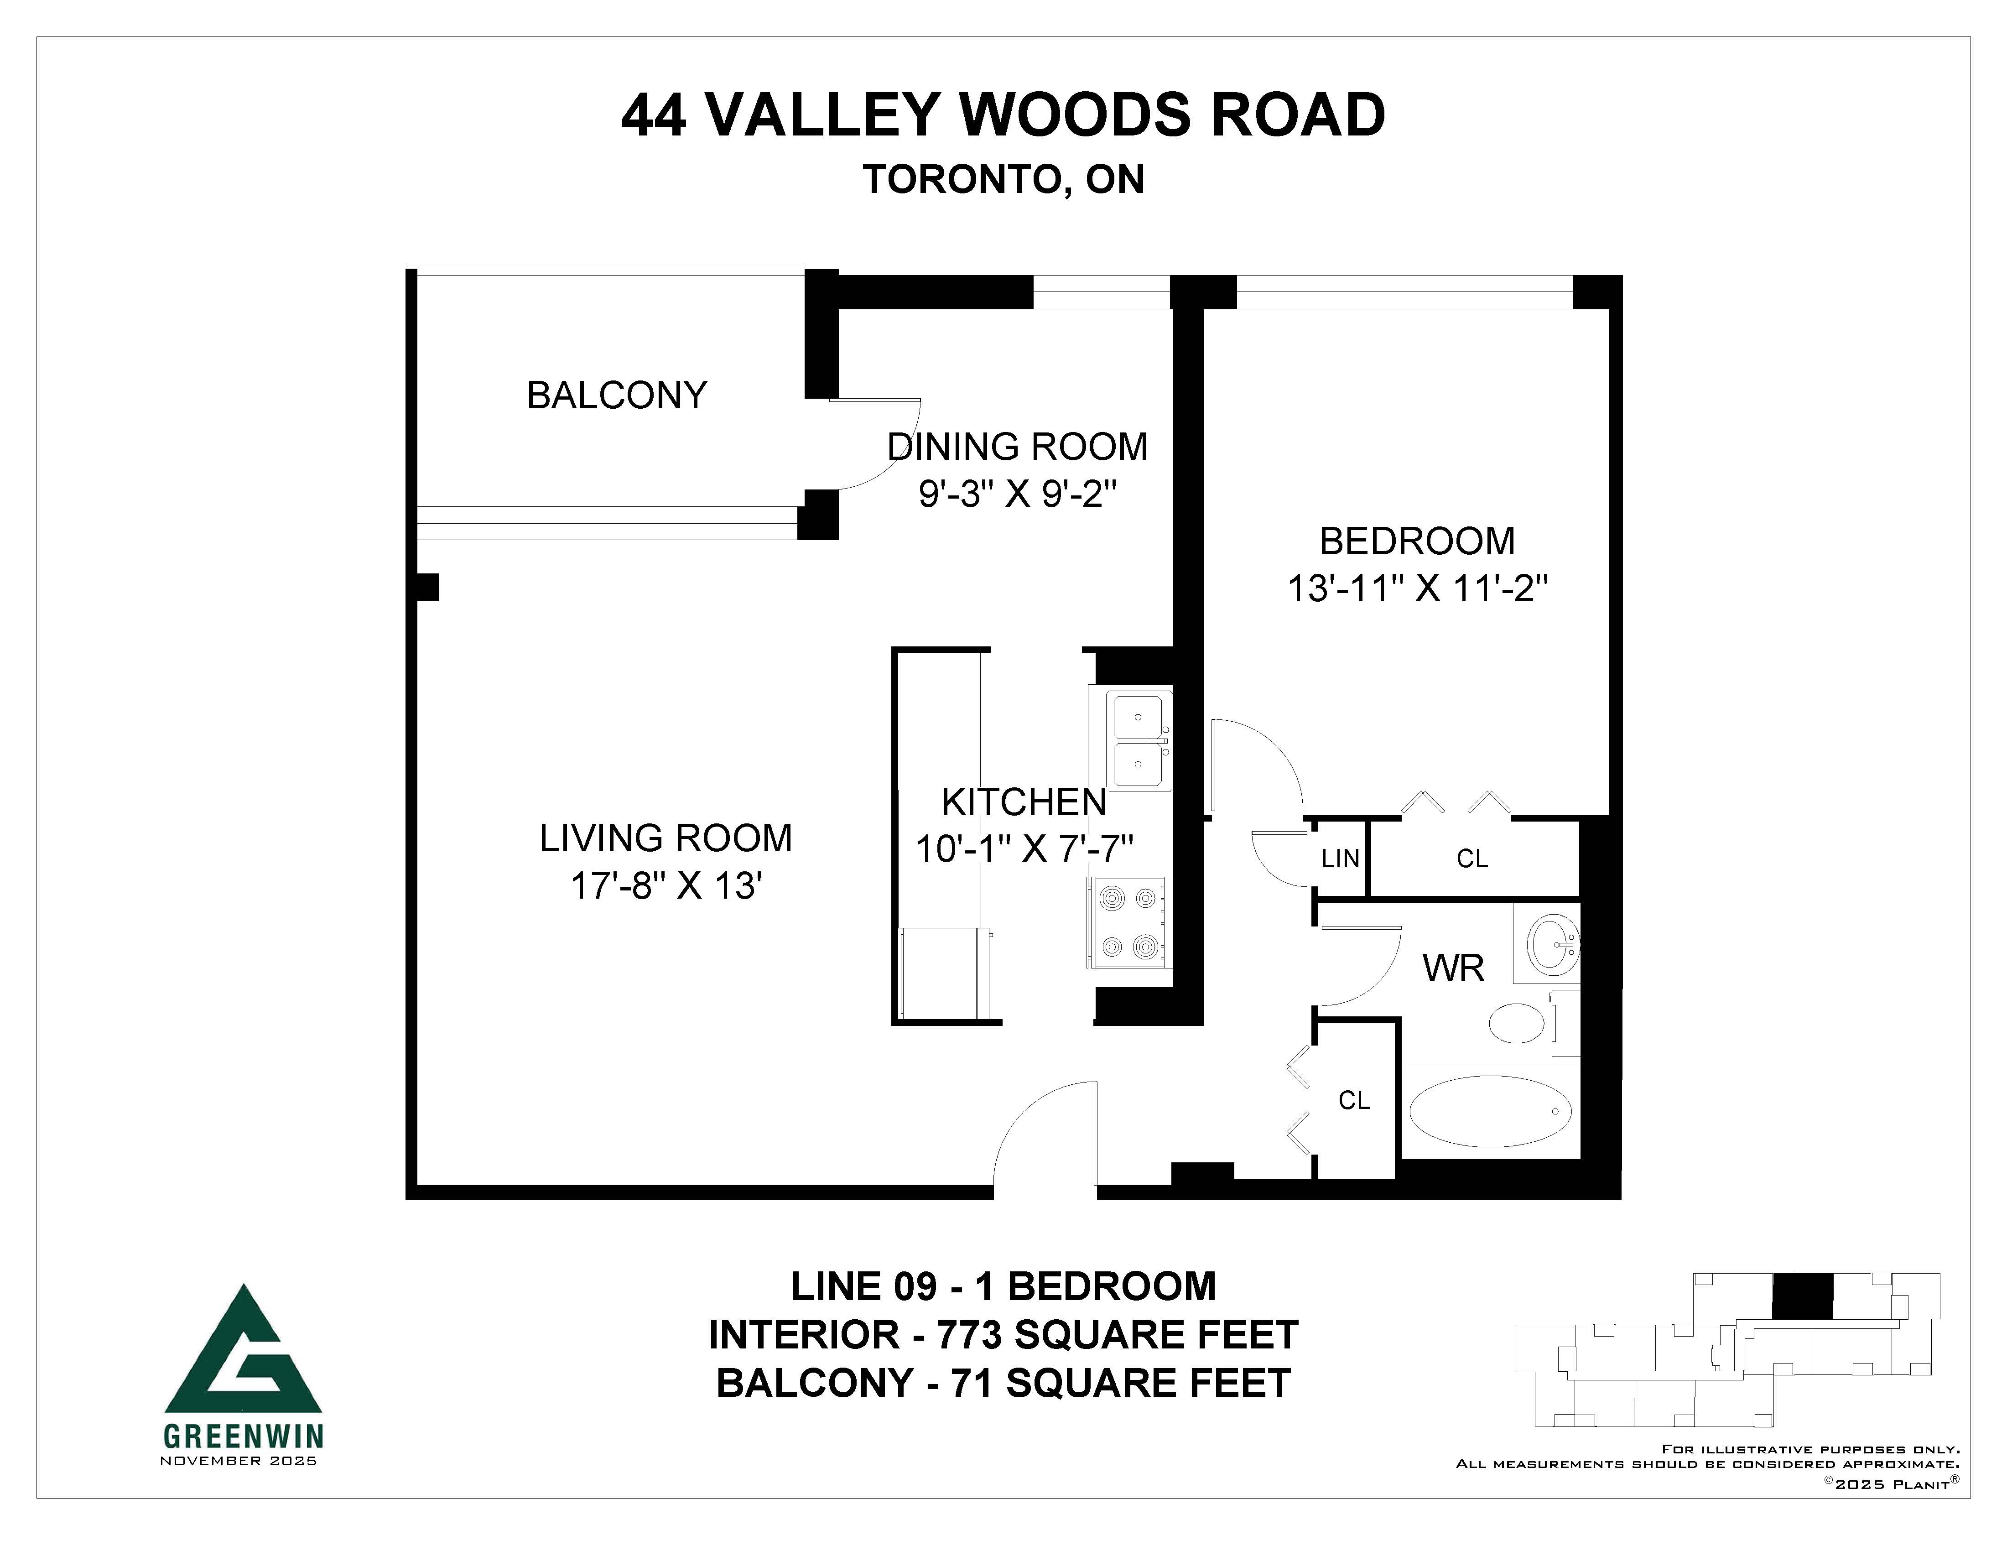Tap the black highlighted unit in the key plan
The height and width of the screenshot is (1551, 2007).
(1801, 1296)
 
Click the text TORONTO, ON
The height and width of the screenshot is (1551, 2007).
(1003, 179)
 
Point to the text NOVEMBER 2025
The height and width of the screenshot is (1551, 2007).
(238, 1461)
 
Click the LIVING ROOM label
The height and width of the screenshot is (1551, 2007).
(666, 838)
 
